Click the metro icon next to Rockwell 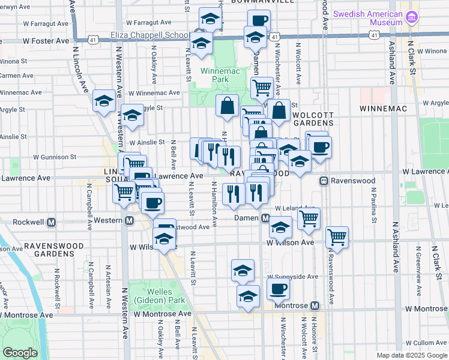click(52, 221)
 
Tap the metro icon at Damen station click(265, 218)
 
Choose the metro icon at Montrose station click(313, 305)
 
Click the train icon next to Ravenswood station click(323, 181)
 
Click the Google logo click(19, 353)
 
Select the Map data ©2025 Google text click(412, 355)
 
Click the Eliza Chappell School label click(150, 35)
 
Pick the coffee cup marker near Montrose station click(278, 289)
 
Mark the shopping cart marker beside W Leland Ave click(309, 218)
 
